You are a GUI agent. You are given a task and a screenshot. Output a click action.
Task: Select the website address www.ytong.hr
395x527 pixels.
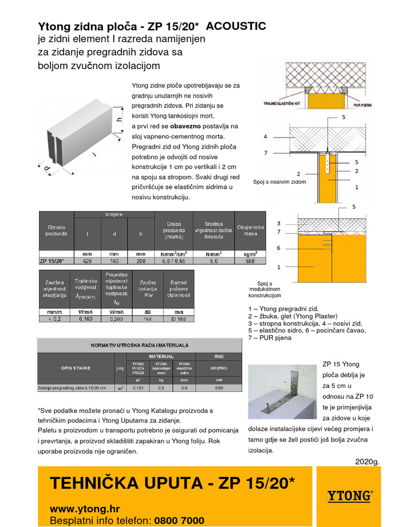[x=85, y=509]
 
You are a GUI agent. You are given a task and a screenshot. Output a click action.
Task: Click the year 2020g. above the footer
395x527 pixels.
[x=367, y=461]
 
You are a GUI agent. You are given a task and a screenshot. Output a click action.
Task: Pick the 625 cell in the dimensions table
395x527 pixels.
[x=88, y=261]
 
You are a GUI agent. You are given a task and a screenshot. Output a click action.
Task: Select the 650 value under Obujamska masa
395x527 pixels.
[x=250, y=261]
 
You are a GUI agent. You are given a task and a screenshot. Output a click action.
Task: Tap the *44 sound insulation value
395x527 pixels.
[x=148, y=319]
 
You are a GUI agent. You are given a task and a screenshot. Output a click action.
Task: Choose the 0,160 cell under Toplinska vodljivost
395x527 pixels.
[x=86, y=319]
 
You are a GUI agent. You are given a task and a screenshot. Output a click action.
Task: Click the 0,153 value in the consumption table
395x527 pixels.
[x=138, y=388]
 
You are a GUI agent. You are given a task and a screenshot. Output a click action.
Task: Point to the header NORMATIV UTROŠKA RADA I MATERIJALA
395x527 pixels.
[x=139, y=345]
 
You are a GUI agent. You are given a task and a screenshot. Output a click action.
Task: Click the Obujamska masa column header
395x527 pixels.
[x=250, y=230]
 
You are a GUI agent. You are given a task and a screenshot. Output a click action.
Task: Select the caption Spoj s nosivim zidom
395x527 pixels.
[x=279, y=182]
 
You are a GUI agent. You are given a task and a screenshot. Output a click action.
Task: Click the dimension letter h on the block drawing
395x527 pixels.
[x=119, y=119]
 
